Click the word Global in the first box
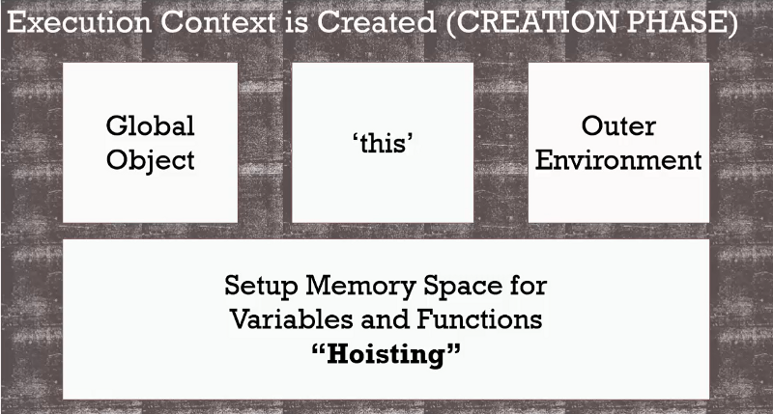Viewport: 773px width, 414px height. (150, 125)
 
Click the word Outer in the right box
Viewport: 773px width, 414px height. (618, 125)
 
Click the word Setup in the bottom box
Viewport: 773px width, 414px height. (257, 287)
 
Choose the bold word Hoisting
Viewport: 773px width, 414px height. (386, 353)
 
